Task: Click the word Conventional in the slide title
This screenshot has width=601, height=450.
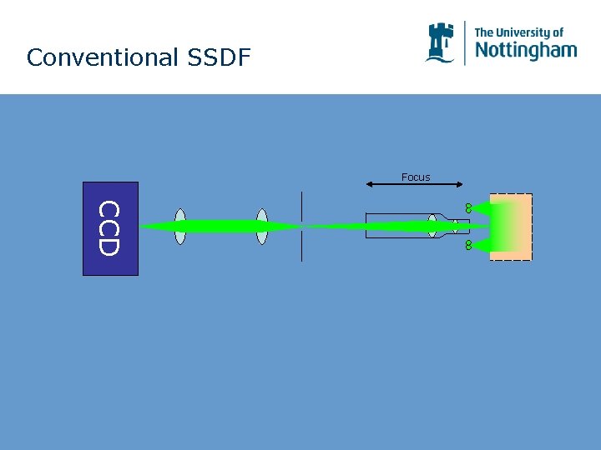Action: click(91, 58)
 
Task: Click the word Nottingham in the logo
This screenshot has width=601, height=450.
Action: click(525, 50)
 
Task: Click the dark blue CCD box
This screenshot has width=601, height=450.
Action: click(110, 228)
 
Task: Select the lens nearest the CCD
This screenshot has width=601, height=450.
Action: click(180, 227)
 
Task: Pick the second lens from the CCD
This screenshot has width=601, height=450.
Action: click(262, 227)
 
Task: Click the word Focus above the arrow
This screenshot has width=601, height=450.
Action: click(415, 177)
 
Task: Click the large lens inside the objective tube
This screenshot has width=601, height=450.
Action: click(432, 226)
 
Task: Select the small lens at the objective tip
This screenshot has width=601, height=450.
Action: click(455, 226)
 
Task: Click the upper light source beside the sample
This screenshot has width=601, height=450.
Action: click(469, 207)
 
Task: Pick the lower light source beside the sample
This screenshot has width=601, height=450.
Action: click(469, 245)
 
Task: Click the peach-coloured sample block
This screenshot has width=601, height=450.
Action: click(518, 227)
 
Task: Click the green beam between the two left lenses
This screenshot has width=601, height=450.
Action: click(221, 227)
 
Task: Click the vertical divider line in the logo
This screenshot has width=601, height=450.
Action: click(465, 42)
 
